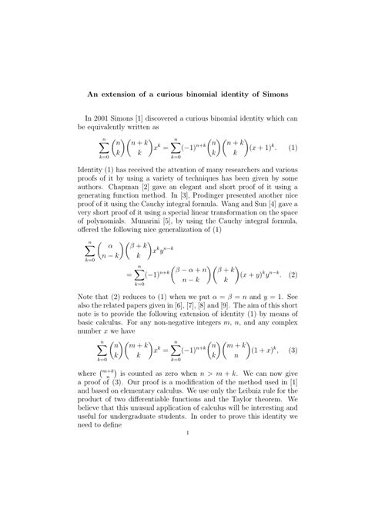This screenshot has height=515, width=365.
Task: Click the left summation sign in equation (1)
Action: point(105,146)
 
